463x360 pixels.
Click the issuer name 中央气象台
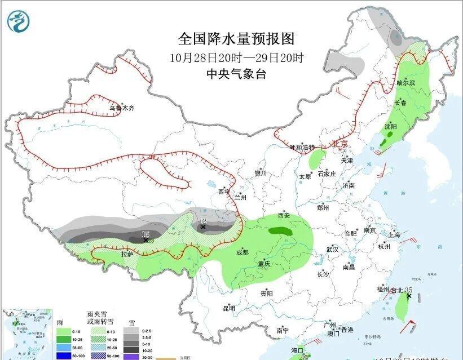236,74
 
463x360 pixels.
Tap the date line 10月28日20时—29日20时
236,57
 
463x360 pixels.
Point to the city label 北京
341,144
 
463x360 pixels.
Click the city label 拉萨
127,254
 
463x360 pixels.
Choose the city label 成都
242,252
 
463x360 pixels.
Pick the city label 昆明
228,308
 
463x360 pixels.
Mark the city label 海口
298,350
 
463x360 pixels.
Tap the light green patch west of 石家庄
317,158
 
